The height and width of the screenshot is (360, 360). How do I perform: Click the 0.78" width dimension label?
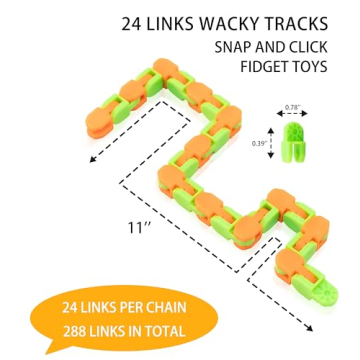(x=292, y=107)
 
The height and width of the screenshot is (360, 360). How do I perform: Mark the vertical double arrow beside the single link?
(x=274, y=141)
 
